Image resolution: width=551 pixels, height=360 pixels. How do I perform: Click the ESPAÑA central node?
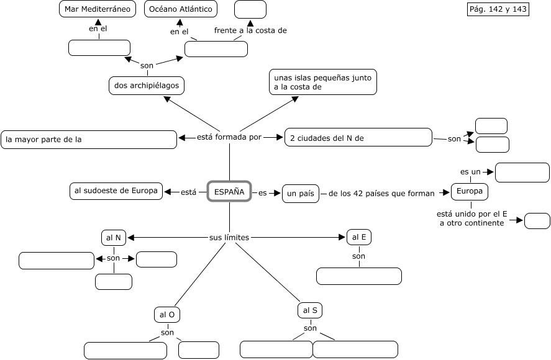[229, 192]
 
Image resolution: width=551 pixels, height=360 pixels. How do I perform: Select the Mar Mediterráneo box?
[98, 9]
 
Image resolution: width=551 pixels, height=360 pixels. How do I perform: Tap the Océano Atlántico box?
[180, 9]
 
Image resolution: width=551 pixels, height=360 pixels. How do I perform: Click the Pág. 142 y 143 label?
[498, 9]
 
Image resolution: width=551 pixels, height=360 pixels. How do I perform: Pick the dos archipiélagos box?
[147, 85]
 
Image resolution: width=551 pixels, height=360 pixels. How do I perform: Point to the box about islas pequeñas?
[323, 83]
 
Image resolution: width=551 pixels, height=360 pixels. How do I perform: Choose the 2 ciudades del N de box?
[358, 138]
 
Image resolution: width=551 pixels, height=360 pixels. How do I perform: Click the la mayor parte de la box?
[89, 140]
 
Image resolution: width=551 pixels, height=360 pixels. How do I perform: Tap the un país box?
[300, 194]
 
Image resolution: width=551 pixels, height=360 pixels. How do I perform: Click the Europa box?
[469, 192]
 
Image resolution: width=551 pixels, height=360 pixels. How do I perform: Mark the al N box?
[114, 238]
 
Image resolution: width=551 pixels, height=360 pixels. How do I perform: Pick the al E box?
[359, 236]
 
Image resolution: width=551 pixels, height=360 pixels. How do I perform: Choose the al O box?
[167, 315]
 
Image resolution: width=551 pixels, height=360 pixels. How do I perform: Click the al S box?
[310, 310]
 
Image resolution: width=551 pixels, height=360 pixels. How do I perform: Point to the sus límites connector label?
[229, 237]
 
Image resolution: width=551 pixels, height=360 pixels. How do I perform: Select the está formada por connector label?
[229, 137]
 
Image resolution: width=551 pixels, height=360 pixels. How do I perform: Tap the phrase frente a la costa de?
[250, 30]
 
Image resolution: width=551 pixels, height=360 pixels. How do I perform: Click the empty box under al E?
[359, 276]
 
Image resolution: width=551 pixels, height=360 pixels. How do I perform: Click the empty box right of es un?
[522, 173]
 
